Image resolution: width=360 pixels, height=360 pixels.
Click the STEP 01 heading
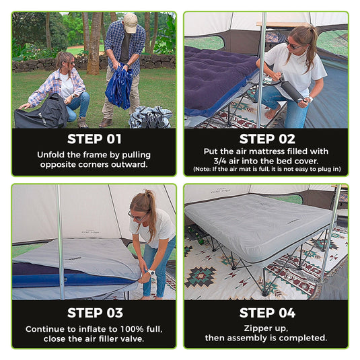tap(94, 139)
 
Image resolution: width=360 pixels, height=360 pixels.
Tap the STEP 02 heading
tap(267, 139)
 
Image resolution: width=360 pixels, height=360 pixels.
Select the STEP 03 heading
tap(95, 313)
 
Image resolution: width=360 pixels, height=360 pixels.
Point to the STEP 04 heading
tap(267, 313)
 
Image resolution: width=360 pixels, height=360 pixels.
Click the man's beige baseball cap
tap(130, 22)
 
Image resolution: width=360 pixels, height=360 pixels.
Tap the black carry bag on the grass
tap(41, 112)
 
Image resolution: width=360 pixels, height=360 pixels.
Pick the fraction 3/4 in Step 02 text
tap(220, 161)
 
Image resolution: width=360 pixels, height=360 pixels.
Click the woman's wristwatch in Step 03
tap(151, 273)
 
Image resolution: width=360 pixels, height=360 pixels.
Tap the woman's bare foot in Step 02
tap(272, 113)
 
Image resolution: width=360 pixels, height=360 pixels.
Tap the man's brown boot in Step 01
tap(106, 123)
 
